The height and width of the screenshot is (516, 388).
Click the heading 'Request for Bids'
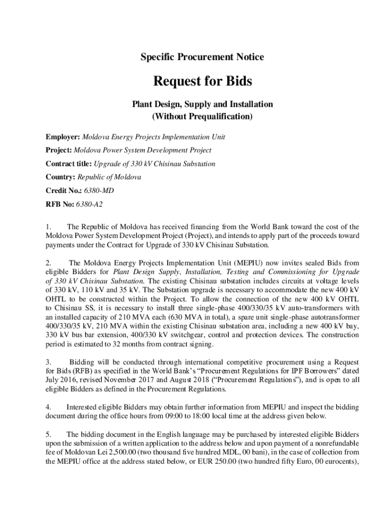pyautogui.click(x=202, y=81)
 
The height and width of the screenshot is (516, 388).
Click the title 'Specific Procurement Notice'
pyautogui.click(x=202, y=57)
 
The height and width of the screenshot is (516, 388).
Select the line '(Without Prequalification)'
pyautogui.click(x=202, y=117)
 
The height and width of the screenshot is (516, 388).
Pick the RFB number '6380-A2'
pyautogui.click(x=89, y=204)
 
